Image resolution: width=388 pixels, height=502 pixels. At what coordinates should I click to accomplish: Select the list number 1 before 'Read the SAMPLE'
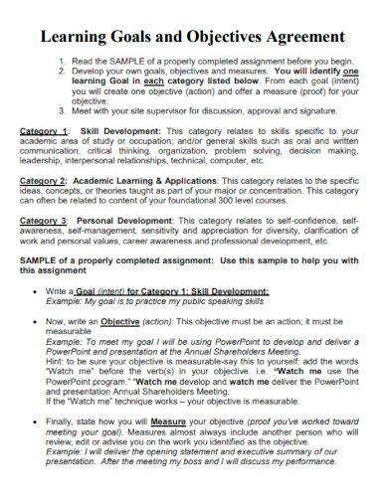(61, 61)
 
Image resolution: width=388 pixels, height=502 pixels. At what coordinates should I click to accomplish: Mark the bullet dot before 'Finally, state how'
(39, 422)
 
